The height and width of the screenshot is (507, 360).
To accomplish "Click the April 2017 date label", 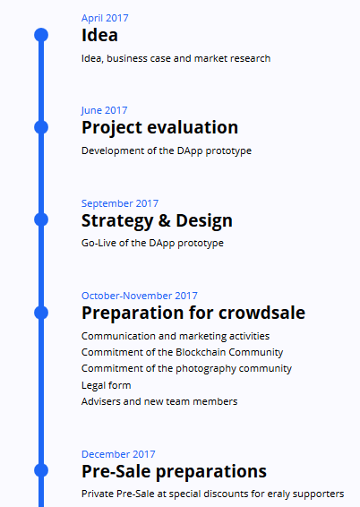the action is [x=105, y=18].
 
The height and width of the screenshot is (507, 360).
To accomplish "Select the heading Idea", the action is [x=99, y=35].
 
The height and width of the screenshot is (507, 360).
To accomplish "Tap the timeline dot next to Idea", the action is [x=41, y=35].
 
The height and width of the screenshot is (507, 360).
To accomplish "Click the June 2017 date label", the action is [x=104, y=110].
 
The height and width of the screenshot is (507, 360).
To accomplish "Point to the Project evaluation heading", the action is [x=160, y=128].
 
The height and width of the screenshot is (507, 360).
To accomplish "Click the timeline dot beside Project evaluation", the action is [x=41, y=127].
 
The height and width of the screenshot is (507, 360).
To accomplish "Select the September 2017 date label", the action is [x=120, y=203].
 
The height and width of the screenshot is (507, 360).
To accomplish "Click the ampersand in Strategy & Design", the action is [x=165, y=220].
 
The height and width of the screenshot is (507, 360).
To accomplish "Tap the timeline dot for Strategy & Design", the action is [x=41, y=219].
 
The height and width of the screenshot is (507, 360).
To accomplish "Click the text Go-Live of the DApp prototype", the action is [x=152, y=243].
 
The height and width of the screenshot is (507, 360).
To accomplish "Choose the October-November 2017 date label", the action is [x=140, y=296].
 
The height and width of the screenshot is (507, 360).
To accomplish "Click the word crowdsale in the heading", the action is [x=261, y=313].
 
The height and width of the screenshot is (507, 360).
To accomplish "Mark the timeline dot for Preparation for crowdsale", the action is [x=41, y=313].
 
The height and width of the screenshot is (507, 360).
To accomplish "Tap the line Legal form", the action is [x=106, y=385].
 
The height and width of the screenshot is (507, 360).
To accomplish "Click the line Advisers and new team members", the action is [x=159, y=401].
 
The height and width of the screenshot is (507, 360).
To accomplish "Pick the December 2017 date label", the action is [x=118, y=454].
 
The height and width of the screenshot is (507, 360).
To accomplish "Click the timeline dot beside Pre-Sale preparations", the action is [x=41, y=470].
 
